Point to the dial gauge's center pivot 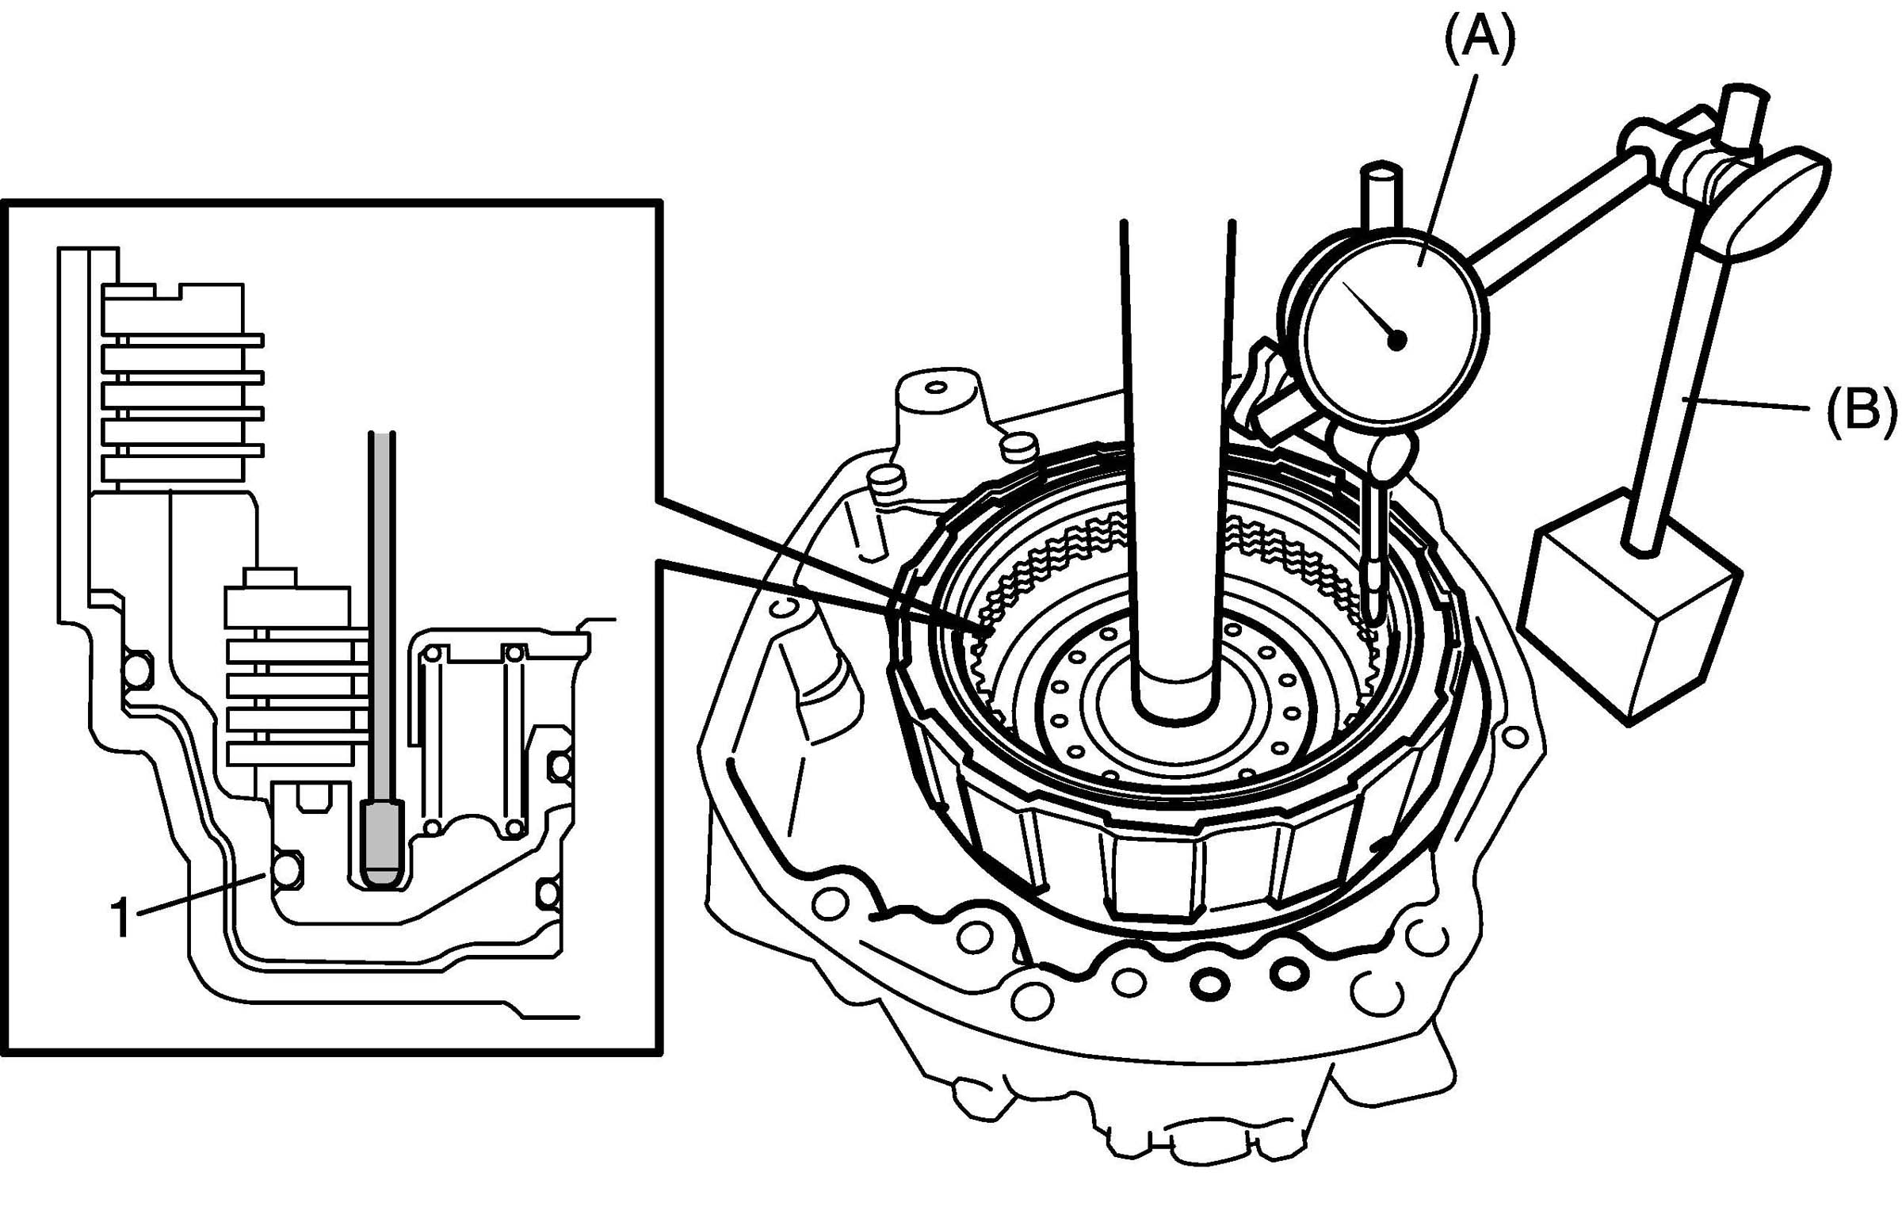pyautogui.click(x=1396, y=340)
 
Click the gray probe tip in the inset pyautogui.click(x=382, y=842)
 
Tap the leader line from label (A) pyautogui.click(x=1448, y=158)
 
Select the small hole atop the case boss pyautogui.click(x=936, y=388)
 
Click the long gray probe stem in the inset pyautogui.click(x=382, y=619)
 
